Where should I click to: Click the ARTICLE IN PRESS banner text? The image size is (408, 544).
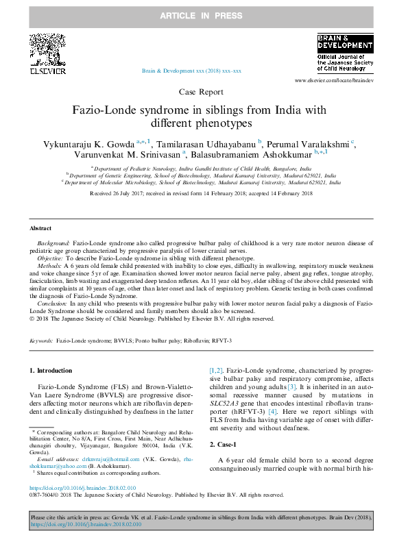pos(203,14)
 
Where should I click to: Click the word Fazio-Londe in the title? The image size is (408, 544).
pos(104,110)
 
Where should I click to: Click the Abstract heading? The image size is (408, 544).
pos(40,228)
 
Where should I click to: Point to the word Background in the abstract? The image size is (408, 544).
pos(53,244)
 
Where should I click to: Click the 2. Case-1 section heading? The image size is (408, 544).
pos(227,445)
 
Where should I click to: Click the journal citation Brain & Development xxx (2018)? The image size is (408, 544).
pos(191,71)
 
